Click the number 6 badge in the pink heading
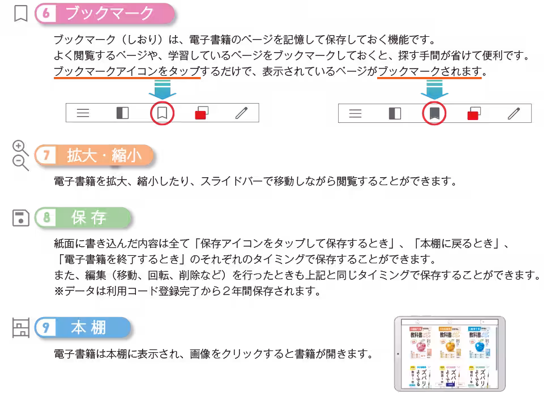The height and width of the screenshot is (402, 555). point(47,14)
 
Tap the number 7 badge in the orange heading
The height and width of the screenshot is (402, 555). point(48,156)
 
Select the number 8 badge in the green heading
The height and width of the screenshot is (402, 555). point(48,218)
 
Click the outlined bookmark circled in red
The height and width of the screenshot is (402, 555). point(163,113)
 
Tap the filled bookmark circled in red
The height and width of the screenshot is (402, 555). point(434,113)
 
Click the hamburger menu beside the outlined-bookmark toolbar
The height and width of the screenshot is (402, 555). point(83,113)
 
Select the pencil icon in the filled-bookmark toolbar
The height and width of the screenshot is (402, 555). point(514,113)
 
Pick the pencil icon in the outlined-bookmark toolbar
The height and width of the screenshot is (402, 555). point(241,113)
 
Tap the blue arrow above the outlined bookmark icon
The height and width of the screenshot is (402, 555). point(163,89)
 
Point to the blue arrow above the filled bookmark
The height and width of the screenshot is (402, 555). point(434,89)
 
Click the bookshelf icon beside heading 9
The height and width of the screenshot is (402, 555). point(20,328)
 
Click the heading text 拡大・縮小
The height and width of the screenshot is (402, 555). point(104,156)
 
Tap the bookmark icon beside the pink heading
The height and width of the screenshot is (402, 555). point(20,14)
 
